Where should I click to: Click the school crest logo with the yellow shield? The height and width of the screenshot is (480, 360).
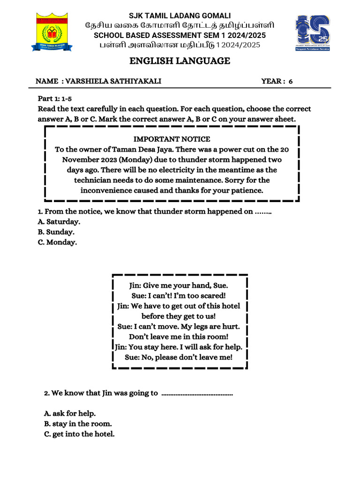(x=52, y=32)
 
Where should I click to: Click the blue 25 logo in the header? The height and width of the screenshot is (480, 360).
(x=312, y=33)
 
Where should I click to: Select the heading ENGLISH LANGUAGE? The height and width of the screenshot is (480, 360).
(x=180, y=61)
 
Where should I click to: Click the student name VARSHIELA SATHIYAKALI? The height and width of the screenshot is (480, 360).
(x=113, y=81)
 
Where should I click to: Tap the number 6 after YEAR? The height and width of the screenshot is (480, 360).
(x=291, y=82)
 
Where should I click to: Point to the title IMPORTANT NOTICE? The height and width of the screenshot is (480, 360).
(x=172, y=139)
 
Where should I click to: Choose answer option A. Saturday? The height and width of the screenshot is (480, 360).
(x=59, y=222)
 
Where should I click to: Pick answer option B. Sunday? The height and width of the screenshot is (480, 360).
(x=56, y=232)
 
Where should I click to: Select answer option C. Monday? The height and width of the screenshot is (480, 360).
(x=57, y=242)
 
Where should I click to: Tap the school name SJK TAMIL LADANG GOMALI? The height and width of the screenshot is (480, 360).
(x=180, y=16)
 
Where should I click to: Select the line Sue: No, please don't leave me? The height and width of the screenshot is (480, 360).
(x=179, y=357)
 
